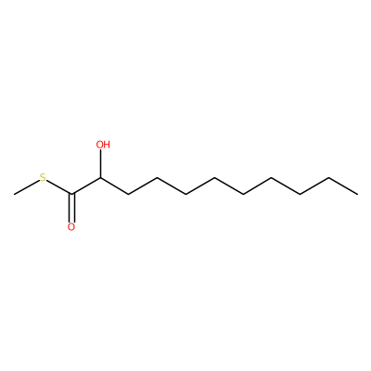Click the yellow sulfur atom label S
(43, 178)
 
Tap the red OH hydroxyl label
(103, 145)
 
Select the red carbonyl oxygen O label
(71, 227)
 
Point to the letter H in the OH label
(107, 145)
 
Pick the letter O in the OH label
(99, 145)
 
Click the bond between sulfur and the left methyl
(27, 187)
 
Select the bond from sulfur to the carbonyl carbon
(59, 187)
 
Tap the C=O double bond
(71, 208)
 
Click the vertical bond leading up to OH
(100, 163)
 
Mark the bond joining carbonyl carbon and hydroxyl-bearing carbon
(86, 186)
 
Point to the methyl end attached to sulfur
(14, 195)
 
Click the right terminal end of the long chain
(358, 195)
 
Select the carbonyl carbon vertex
(71, 195)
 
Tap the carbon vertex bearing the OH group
(100, 178)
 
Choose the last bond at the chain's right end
(343, 186)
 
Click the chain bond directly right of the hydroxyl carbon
(114, 186)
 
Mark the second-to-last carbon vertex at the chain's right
(329, 178)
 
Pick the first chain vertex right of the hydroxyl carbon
(129, 195)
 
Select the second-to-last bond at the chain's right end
(314, 186)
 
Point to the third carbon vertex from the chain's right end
(301, 195)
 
